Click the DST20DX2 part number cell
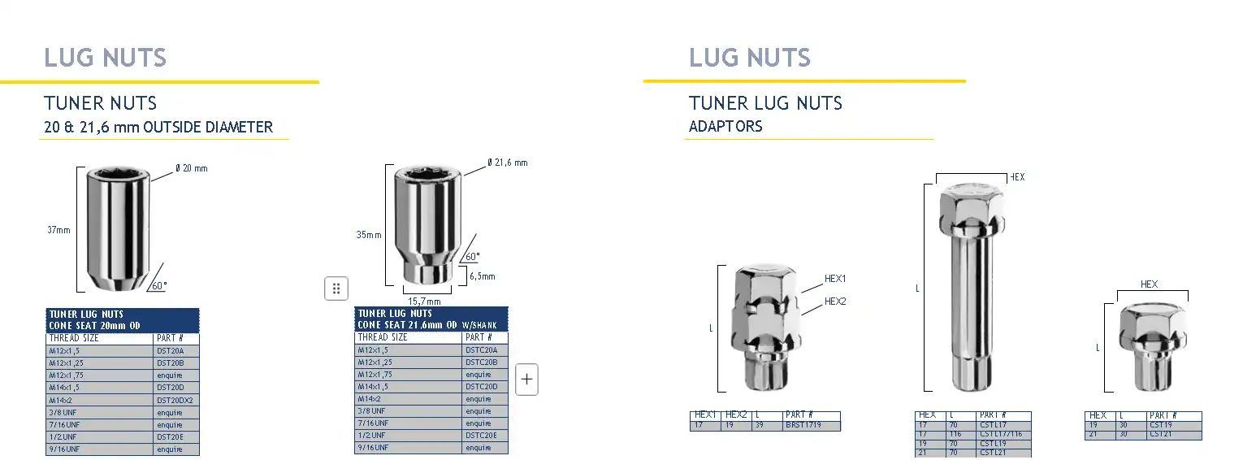[x=175, y=400]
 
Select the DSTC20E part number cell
[x=481, y=436]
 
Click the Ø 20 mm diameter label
[x=192, y=168]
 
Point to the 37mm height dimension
[x=58, y=230]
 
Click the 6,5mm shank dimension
[x=482, y=276]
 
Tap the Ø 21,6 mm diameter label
[x=508, y=163]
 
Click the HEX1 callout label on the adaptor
[x=835, y=279]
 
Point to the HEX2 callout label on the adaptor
[x=835, y=302]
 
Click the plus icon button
[x=527, y=380]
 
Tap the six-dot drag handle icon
[x=336, y=289]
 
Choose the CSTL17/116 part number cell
[x=1000, y=435]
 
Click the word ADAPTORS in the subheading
[x=725, y=127]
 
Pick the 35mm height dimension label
[x=368, y=236]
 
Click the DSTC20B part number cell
[x=481, y=362]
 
